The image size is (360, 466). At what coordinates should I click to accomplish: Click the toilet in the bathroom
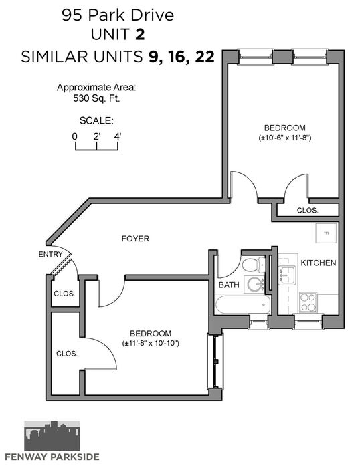[253, 265]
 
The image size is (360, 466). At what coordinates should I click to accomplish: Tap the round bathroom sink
[255, 284]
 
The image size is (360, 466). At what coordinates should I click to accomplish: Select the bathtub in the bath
[243, 304]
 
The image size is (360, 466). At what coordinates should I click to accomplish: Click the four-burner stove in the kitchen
[308, 302]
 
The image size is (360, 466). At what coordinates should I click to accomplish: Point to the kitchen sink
[288, 274]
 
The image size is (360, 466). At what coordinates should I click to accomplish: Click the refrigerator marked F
[326, 233]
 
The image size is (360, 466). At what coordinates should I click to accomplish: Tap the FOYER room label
[135, 239]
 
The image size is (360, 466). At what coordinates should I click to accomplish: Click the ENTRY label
[51, 255]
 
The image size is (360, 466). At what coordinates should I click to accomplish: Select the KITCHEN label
[319, 263]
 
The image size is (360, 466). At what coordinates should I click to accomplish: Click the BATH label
[229, 285]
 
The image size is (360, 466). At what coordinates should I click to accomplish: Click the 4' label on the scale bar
[118, 136]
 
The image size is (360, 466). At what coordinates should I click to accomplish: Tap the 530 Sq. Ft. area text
[96, 98]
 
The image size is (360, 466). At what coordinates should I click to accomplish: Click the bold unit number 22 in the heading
[205, 56]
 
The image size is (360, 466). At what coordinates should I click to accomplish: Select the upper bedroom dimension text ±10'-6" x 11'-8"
[285, 138]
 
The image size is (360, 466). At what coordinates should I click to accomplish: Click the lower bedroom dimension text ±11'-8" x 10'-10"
[151, 343]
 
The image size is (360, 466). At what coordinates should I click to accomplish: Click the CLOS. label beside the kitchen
[308, 211]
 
